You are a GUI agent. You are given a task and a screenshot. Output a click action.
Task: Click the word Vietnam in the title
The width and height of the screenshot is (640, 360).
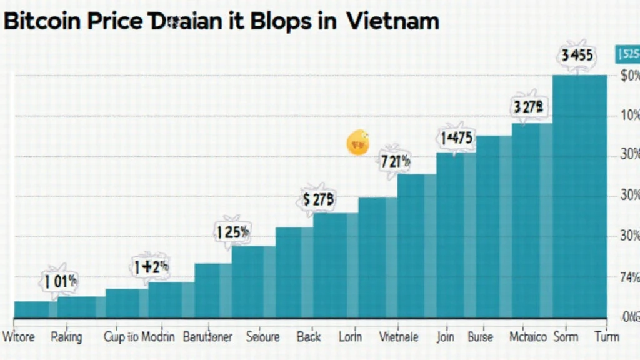pos(392,21)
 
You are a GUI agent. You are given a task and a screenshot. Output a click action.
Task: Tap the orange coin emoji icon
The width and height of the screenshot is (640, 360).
pos(358,142)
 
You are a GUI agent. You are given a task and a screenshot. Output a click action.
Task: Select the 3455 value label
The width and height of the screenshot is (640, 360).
pos(577,55)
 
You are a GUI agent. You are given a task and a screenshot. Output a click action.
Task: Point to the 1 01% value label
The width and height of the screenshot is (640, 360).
pos(61,281)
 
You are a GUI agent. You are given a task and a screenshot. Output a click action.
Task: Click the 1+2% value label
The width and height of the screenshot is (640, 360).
pos(151,267)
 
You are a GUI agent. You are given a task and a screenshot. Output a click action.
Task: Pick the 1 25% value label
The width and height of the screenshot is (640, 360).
pos(232,232)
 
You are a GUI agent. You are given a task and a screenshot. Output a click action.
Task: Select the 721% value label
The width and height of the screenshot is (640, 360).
pos(395,161)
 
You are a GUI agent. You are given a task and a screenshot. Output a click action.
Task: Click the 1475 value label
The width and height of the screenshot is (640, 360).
pos(456,138)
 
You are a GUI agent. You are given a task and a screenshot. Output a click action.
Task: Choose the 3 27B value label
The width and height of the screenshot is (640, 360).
pos(530,106)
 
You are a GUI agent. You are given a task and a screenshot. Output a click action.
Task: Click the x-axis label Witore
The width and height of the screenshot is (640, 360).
pos(19,337)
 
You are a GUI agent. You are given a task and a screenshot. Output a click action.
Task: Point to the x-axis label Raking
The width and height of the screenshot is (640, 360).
pos(66,337)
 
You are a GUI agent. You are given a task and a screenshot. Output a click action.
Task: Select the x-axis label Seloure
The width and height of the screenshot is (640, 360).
pos(263,337)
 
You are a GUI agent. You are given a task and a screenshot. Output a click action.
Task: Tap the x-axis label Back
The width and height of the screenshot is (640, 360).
pos(309,337)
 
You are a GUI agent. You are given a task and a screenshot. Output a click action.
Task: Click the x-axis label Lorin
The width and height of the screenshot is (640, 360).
pos(350,337)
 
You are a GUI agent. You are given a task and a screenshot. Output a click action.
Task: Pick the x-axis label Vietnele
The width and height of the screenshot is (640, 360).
pos(399,337)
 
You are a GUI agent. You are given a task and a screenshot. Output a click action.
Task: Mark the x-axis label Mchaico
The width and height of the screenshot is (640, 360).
pos(529,337)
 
